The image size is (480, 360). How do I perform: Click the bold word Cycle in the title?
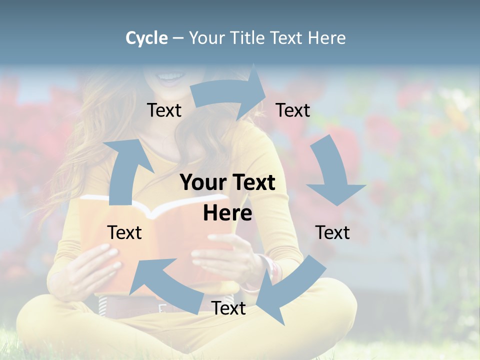pyautogui.click(x=146, y=38)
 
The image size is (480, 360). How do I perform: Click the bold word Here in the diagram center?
pyautogui.click(x=227, y=213)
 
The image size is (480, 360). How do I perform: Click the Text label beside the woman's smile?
pyautogui.click(x=164, y=110)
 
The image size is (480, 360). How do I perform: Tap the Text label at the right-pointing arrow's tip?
pyautogui.click(x=292, y=110)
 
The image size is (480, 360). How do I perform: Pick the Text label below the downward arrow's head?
pyautogui.click(x=332, y=232)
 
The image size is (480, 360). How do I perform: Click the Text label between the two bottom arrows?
pyautogui.click(x=228, y=308)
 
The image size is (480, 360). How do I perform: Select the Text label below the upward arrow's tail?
pyautogui.click(x=124, y=232)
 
